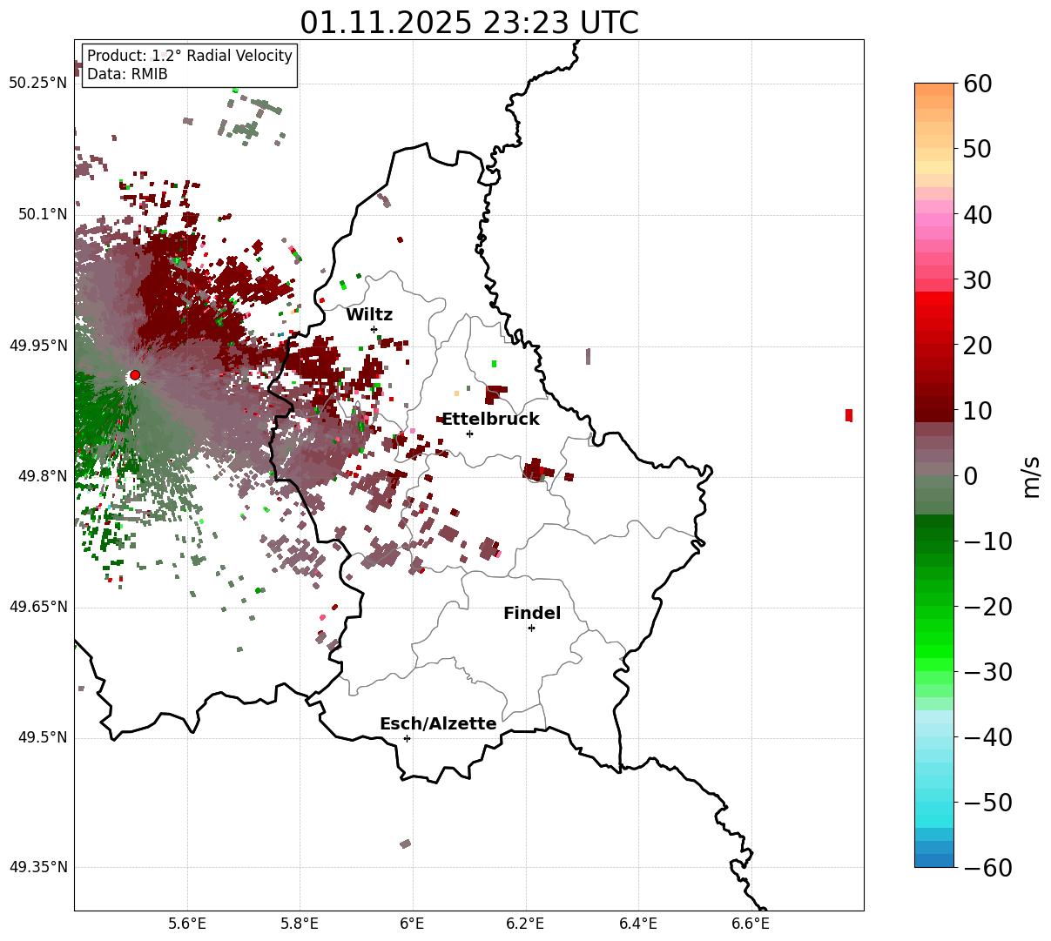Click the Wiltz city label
coord(369,315)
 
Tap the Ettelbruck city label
coord(490,420)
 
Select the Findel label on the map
coord(532,614)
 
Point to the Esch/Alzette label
coord(438,724)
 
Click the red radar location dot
coord(135,375)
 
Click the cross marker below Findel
coord(531,628)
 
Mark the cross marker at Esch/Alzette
coord(407,738)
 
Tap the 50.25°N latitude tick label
coord(37,84)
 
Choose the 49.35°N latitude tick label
coord(37,867)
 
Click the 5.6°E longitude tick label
coord(187,924)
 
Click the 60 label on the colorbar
coord(977,84)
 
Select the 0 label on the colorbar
coord(970,476)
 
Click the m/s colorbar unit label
coord(1032,476)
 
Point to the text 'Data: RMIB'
coord(127,74)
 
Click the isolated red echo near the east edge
coord(849,415)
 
